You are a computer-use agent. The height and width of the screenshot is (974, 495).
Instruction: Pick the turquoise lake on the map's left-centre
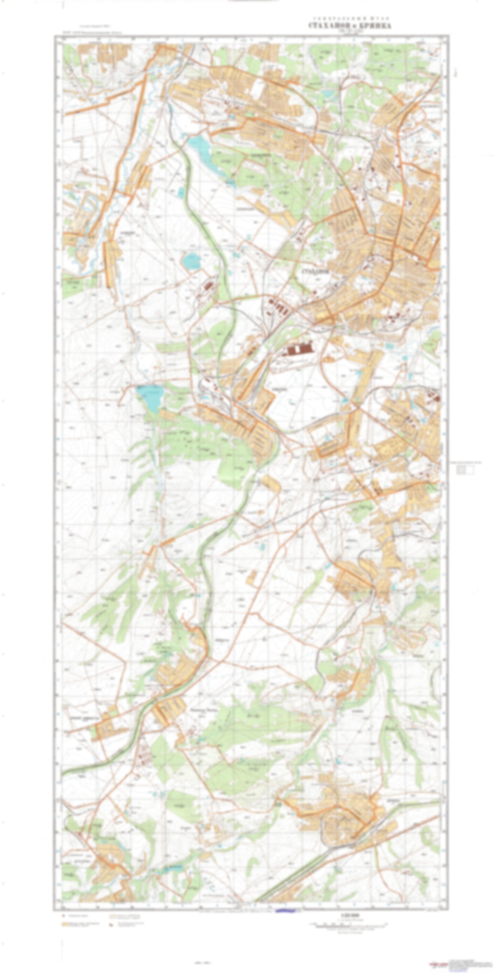tap(150, 397)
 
